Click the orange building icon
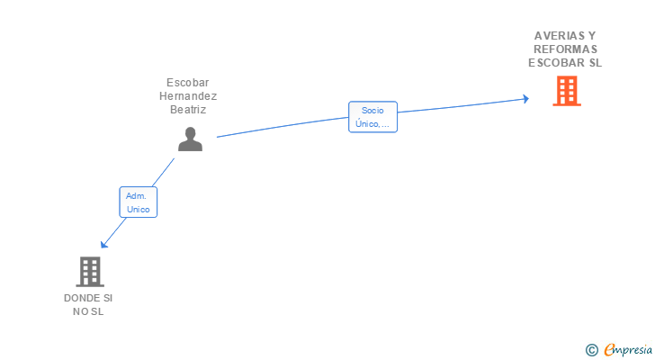(566, 91)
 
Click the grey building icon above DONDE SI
(89, 271)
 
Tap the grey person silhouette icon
(190, 139)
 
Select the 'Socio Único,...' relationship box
(372, 117)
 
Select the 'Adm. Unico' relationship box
(139, 202)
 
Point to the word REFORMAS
(565, 49)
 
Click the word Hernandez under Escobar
(188, 96)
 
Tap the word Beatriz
(188, 110)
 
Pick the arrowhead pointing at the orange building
(525, 98)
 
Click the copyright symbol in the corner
(592, 349)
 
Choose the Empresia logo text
(628, 349)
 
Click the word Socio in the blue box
(372, 110)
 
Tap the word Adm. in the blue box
(137, 194)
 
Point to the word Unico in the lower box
(139, 209)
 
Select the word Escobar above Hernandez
(188, 83)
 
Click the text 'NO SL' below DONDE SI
(88, 311)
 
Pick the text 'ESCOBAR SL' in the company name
(565, 63)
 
